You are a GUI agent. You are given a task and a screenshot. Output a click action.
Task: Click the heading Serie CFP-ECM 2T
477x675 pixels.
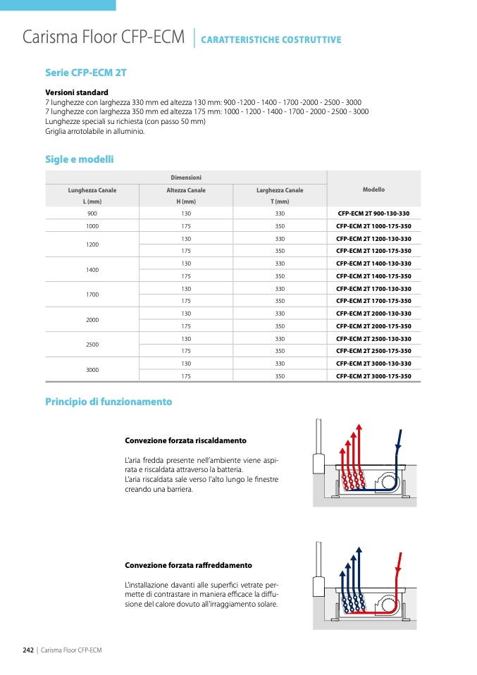point(85,73)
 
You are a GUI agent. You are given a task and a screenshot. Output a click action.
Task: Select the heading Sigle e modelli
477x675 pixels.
point(79,160)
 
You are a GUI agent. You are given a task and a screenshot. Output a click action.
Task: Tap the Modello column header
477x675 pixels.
point(373,190)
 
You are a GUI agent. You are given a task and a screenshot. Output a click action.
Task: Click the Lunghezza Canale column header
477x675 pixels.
point(92,190)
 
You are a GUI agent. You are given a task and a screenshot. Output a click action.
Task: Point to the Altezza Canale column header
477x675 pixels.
point(186,190)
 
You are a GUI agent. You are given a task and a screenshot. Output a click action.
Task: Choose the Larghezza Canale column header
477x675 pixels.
point(280,190)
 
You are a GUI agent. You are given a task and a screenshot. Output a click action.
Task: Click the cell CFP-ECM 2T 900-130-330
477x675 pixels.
point(373,213)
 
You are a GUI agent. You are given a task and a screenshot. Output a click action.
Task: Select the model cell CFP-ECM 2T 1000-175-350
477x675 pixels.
point(373,226)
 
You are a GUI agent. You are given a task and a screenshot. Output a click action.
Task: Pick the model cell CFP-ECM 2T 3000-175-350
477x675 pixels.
point(373,376)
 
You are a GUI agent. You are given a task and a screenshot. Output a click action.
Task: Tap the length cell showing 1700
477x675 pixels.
point(92,295)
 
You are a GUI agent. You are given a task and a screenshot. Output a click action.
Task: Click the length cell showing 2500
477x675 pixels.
point(92,345)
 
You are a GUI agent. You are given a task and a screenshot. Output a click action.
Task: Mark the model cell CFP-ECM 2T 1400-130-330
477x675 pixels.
point(373,264)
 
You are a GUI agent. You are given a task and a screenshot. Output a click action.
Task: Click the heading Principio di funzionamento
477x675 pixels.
point(109,402)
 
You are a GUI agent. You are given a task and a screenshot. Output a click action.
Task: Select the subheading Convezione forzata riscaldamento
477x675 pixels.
point(185,440)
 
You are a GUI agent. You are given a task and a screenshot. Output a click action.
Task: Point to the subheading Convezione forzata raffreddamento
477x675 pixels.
point(188,565)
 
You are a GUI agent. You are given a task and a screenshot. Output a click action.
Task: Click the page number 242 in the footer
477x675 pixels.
point(29,650)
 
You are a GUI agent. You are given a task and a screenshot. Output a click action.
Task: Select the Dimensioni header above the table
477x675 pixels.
point(186,178)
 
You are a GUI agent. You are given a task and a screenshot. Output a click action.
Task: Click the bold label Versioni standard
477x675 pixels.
point(77,92)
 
